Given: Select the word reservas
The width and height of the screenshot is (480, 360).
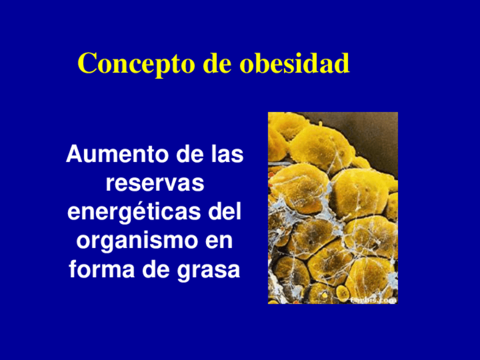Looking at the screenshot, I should coord(155,183).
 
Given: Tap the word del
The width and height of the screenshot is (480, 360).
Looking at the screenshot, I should coord(225,212).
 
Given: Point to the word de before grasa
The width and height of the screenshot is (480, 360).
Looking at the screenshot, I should coord(145,270).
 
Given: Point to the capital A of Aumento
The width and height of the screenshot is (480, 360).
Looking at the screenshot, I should coord(73,155).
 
